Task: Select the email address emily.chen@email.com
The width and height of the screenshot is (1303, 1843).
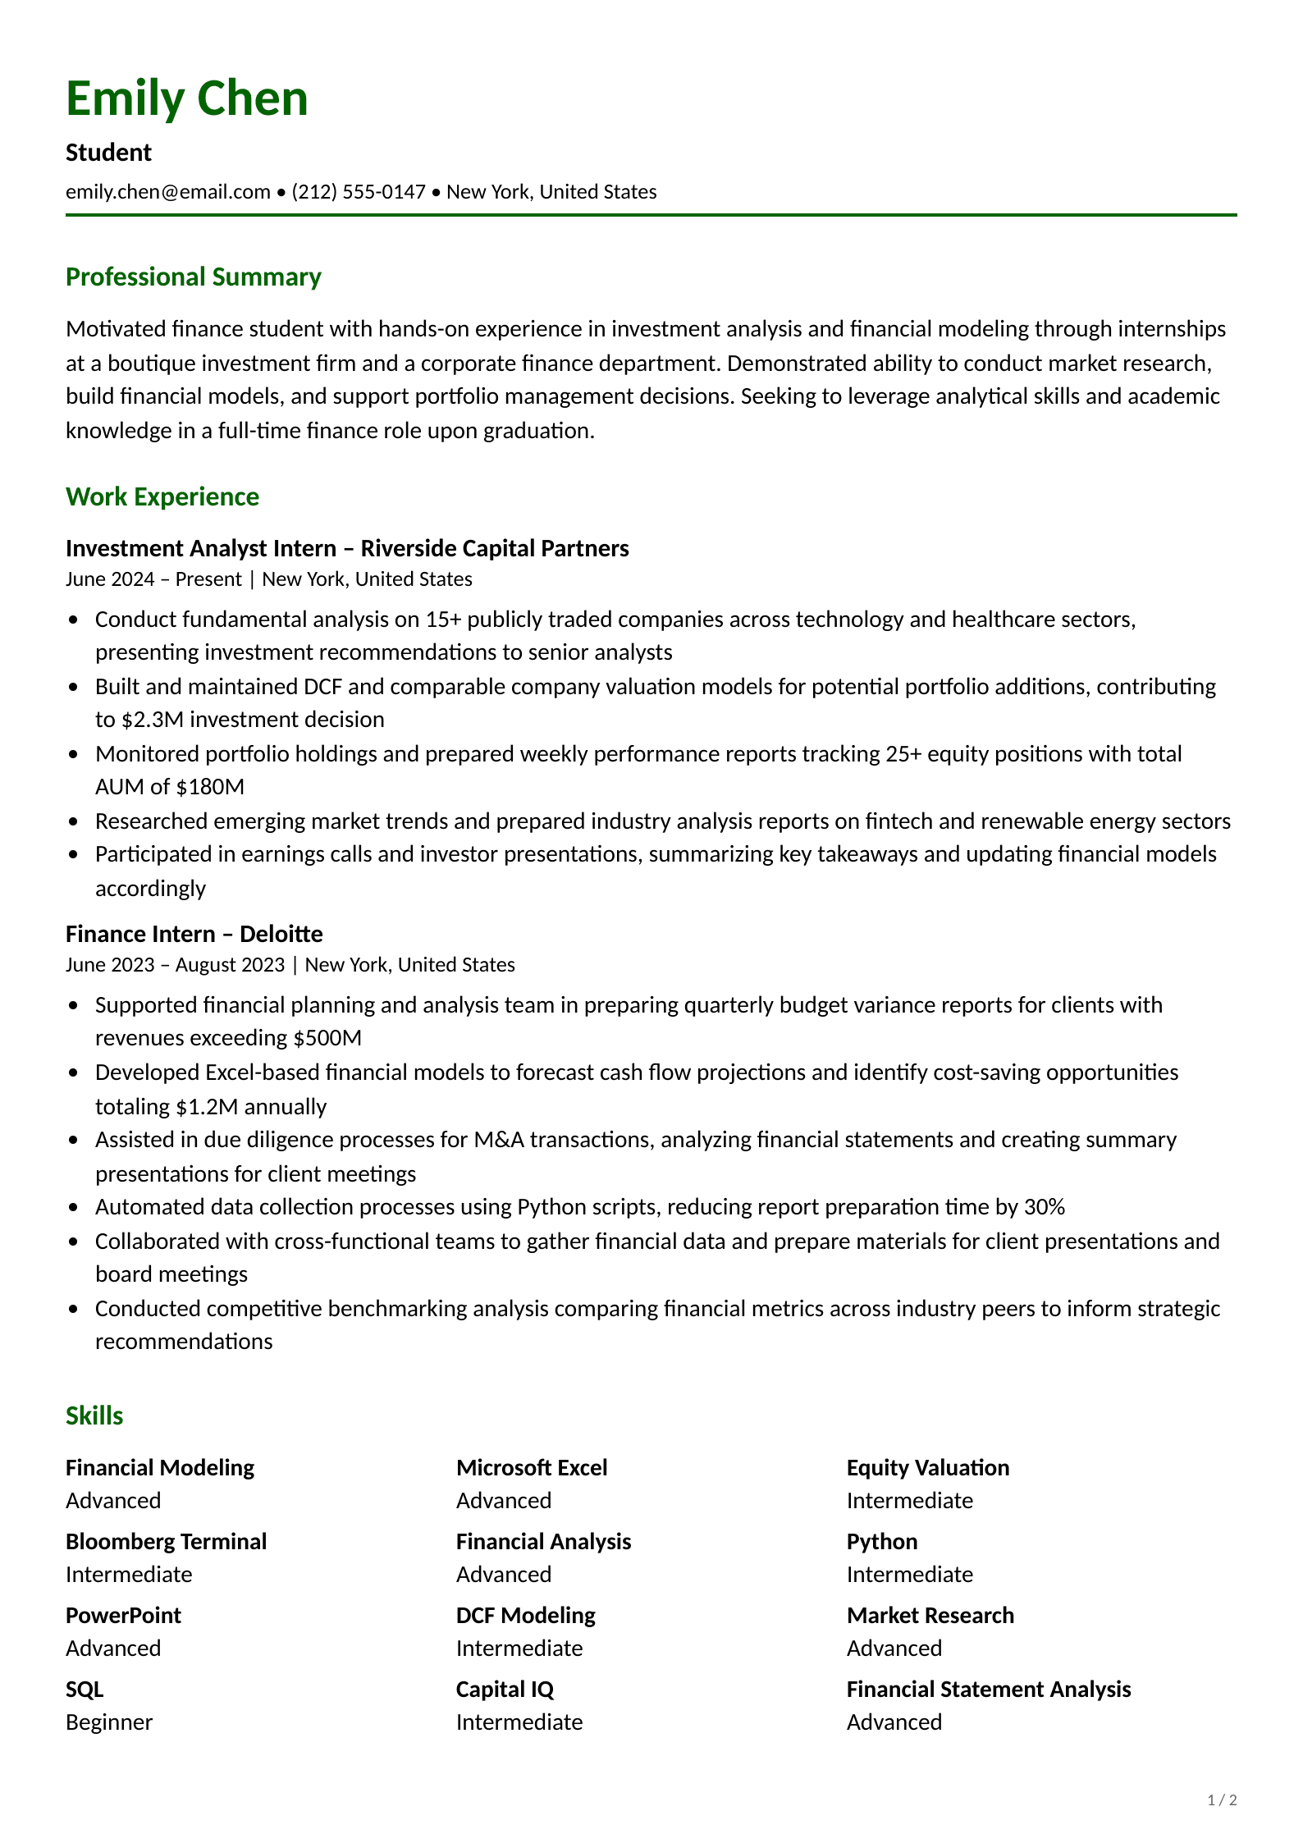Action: [x=167, y=192]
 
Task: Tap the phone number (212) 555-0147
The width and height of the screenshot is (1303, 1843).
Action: [x=359, y=192]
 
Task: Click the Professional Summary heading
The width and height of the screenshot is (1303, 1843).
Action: [x=193, y=277]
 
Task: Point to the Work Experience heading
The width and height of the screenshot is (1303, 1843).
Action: [x=162, y=497]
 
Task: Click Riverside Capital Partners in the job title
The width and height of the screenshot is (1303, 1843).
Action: [x=494, y=548]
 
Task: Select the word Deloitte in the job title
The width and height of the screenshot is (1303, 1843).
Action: [x=281, y=934]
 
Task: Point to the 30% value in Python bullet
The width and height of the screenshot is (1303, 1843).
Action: [x=1044, y=1207]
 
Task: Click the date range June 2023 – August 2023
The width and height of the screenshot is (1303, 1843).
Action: [x=175, y=965]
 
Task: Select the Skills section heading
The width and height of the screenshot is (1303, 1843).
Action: [x=94, y=1416]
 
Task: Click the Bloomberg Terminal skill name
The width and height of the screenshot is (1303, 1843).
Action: [x=166, y=1542]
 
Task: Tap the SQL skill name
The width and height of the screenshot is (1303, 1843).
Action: [x=85, y=1690]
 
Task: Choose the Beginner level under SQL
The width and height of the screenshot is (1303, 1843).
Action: [x=108, y=1722]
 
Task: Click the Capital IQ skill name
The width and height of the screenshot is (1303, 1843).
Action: [x=505, y=1690]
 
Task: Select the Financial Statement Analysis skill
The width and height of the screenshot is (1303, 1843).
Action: [x=988, y=1690]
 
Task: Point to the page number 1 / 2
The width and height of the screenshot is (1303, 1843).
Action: [x=1222, y=1800]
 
